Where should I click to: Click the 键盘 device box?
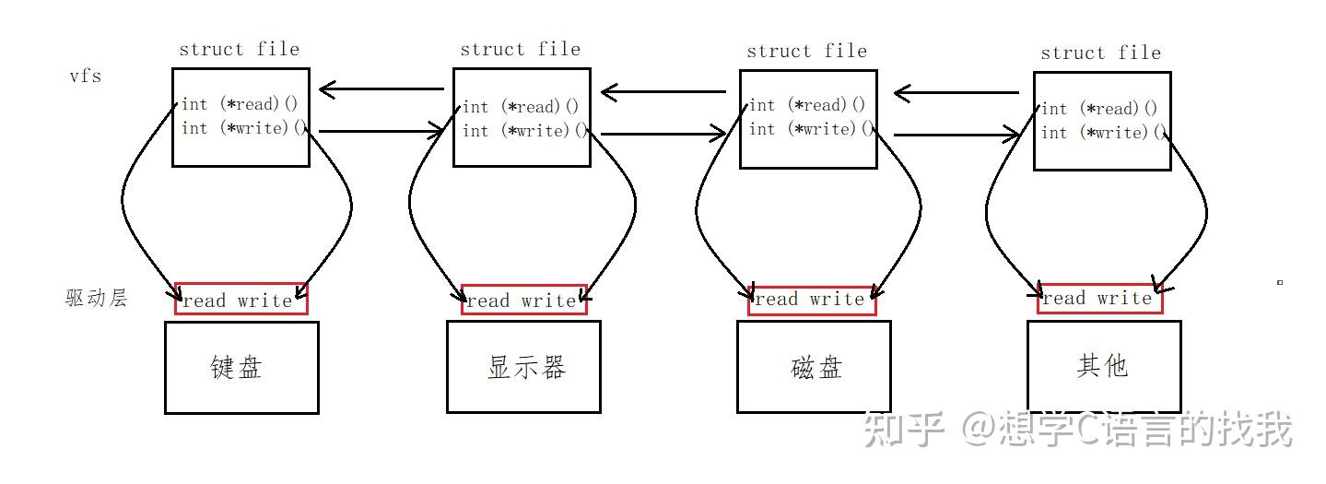241,367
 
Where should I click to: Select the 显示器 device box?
523,367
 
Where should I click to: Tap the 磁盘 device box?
814,367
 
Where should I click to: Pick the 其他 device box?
1103,366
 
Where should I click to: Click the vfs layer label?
85,76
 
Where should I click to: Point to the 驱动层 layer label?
96,298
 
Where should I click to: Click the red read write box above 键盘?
241,299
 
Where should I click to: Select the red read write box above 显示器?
523,300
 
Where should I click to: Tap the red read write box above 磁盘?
811,300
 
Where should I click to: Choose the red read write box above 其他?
1099,298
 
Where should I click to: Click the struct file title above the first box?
239,49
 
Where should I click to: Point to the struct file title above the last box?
1100,53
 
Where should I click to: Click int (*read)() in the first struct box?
238,104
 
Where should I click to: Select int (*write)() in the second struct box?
524,131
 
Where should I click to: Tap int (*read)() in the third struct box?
807,105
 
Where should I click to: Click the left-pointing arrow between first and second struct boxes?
381,89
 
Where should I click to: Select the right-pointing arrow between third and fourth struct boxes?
956,136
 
